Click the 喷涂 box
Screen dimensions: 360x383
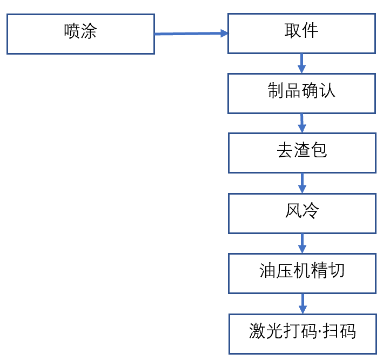(80, 34)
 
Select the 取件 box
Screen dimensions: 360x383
(301, 34)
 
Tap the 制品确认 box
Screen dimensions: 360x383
(301, 94)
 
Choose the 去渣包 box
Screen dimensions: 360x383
(301, 153)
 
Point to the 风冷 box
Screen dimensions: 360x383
(301, 213)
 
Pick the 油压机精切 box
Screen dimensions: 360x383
(301, 273)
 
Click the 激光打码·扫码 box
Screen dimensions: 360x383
(302, 334)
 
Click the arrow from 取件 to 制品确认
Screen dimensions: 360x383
(302, 63)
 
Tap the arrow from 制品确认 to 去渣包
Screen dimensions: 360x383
(302, 123)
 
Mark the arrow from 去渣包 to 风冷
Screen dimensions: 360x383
(302, 183)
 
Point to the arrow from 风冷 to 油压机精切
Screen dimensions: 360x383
(302, 243)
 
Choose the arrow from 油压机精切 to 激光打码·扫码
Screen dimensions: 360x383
(302, 303)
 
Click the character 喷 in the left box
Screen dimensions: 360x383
(72, 31)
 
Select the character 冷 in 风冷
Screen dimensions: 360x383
(311, 211)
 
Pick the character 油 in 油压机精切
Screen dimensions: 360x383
(268, 271)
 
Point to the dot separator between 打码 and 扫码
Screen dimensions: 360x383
(319, 331)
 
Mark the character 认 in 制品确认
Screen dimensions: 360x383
(327, 91)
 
